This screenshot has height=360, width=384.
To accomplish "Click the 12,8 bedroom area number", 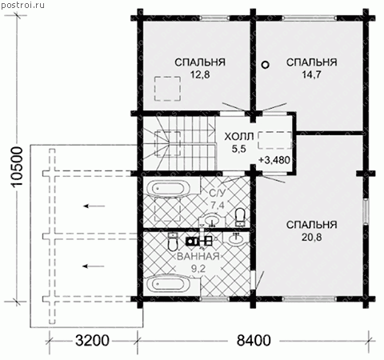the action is pyautogui.click(x=200, y=75).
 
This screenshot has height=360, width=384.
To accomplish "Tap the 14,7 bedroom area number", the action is pyautogui.click(x=311, y=75).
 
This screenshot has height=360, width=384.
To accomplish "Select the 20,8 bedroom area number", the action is pyautogui.click(x=311, y=237).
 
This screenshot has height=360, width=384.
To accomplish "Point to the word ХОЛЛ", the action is pyautogui.click(x=239, y=137).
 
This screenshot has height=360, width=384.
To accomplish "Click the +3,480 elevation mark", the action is pyautogui.click(x=274, y=160).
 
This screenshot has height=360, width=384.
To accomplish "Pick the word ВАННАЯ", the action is pyautogui.click(x=198, y=257).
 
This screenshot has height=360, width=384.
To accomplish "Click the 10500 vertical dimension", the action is pyautogui.click(x=18, y=166).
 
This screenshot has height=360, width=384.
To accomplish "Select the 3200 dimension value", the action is pyautogui.click(x=92, y=341).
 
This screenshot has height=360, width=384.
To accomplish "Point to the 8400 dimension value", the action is pyautogui.click(x=254, y=341).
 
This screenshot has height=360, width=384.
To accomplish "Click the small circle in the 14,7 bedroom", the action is pyautogui.click(x=265, y=65).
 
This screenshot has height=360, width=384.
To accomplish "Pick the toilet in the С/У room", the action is pyautogui.click(x=240, y=218).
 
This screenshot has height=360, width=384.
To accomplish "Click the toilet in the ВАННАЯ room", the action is pyautogui.click(x=173, y=242).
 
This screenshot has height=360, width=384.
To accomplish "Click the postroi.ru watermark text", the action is pyautogui.click(x=22, y=6).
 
